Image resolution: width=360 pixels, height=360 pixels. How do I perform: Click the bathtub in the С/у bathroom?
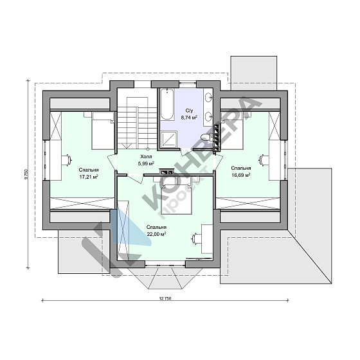point(166,104)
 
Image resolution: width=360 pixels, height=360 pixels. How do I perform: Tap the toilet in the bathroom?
point(206,138)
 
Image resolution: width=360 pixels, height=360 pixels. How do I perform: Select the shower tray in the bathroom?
point(168,139)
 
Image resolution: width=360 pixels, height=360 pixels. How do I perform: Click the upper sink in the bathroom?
point(209,97)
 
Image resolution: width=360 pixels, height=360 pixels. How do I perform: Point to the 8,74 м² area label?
point(189,118)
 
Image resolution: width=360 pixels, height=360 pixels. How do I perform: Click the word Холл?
point(146,157)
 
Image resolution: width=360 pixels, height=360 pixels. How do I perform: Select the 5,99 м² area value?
point(146,163)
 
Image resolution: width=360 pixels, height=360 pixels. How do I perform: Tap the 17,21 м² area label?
point(89,177)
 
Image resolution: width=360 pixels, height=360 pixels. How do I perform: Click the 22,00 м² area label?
point(156,234)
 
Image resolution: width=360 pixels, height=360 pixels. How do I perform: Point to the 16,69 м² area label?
point(240,175)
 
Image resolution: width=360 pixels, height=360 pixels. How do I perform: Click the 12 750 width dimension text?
point(165,299)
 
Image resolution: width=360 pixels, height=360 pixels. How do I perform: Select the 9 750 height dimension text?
point(26,174)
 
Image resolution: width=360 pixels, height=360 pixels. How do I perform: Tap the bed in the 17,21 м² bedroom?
point(102,130)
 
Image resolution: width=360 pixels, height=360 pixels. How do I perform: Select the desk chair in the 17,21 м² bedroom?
point(67,159)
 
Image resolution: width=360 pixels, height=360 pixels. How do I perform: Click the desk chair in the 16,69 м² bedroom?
point(264,160)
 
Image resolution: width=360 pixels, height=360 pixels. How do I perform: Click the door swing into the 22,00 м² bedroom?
point(136,179)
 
